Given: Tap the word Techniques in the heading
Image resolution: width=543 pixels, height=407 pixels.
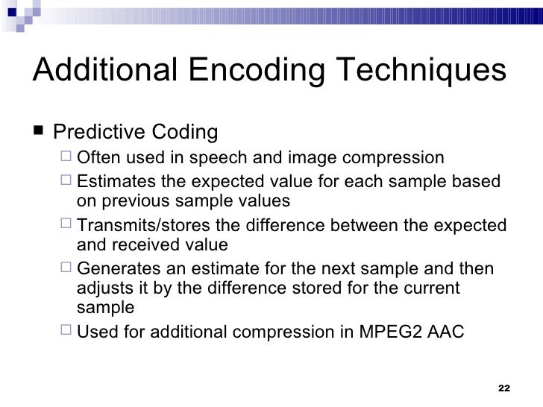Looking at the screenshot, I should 421,72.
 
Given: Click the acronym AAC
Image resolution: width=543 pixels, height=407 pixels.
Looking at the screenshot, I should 448,332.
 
